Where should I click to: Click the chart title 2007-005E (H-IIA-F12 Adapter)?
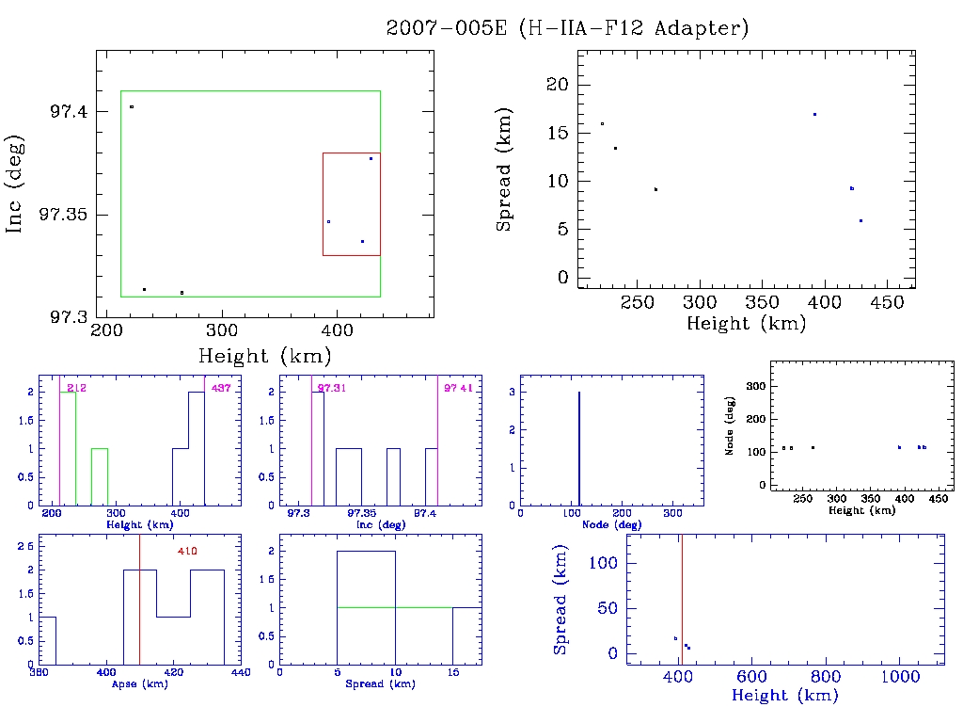567,27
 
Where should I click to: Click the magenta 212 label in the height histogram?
77,388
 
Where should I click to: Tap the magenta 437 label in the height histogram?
221,388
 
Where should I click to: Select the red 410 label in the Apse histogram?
187,551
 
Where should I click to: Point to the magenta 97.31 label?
332,388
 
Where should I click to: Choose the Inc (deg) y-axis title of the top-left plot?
15,185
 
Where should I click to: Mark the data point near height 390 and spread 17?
814,114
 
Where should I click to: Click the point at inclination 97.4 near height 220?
132,107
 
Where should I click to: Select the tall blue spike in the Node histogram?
578,448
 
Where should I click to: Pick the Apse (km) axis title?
138,683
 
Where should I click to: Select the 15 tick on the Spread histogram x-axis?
452,673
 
